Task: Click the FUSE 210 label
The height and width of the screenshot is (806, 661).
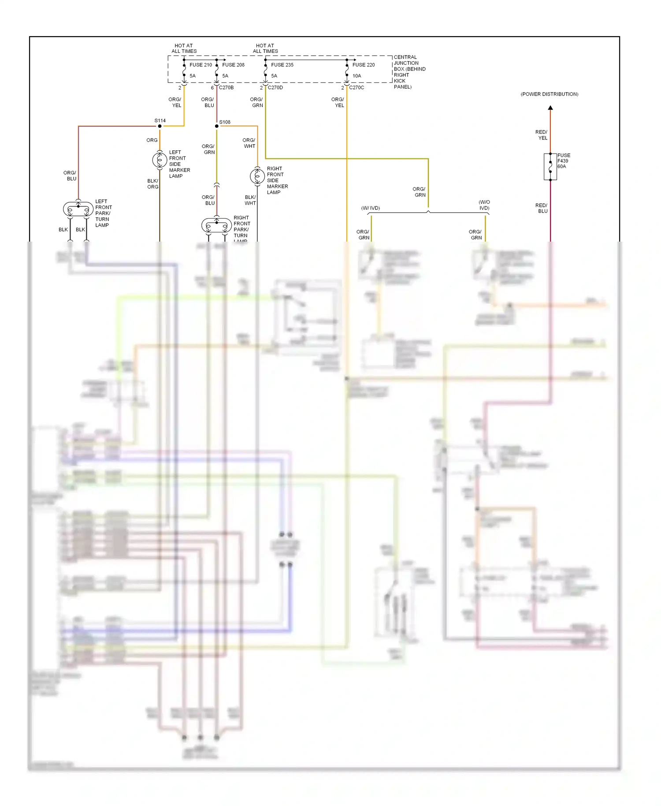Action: (x=201, y=65)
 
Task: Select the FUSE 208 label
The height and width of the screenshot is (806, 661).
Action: (x=233, y=65)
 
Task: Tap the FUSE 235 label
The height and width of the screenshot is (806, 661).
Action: (x=282, y=65)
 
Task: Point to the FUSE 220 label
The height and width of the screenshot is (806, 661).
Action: (x=364, y=65)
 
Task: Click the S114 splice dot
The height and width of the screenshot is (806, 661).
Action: (x=160, y=126)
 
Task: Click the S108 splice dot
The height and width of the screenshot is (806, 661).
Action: (x=216, y=126)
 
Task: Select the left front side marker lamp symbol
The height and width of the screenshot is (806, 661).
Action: (x=160, y=160)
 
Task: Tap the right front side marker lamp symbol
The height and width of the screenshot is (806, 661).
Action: (x=257, y=176)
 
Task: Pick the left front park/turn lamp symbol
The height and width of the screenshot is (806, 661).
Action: (x=78, y=209)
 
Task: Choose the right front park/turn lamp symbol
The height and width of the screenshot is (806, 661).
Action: (x=216, y=226)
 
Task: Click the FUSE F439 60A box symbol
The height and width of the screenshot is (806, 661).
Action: (x=550, y=167)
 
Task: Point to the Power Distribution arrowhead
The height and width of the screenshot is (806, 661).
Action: (x=550, y=108)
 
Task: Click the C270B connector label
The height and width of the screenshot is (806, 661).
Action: (x=227, y=88)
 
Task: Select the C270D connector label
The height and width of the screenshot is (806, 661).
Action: (x=275, y=88)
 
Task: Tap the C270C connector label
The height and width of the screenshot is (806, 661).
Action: (x=356, y=88)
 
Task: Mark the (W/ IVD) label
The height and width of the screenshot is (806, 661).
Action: (x=370, y=208)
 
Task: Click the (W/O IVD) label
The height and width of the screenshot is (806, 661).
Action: (x=484, y=205)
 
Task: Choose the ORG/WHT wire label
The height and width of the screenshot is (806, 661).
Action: (x=249, y=143)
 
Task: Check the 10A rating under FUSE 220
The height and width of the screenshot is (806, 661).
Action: (x=356, y=76)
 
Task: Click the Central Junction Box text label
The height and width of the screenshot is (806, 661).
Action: (x=409, y=72)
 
